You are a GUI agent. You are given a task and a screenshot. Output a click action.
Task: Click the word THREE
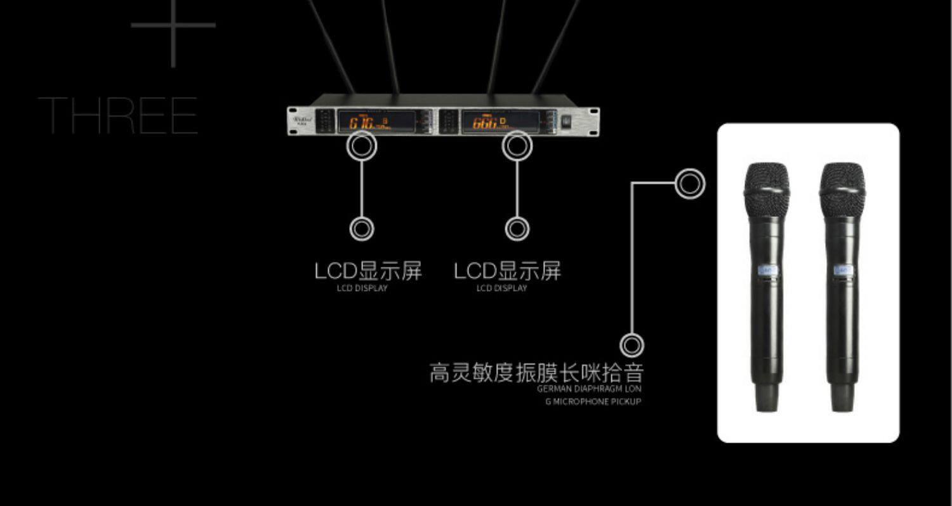[118, 115]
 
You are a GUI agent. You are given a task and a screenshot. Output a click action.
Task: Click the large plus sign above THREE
[173, 26]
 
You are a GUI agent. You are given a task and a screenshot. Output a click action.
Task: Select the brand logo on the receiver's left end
[301, 119]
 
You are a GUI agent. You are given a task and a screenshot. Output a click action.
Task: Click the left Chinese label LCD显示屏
[368, 271]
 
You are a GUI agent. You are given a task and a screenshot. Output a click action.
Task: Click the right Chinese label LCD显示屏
[508, 271]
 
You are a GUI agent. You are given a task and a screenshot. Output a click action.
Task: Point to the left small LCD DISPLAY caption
[362, 289]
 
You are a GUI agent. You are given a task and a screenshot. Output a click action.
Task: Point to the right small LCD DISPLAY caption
[501, 289]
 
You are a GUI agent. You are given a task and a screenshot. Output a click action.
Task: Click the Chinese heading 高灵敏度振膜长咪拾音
[536, 372]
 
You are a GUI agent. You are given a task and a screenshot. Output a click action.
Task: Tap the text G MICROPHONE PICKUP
[593, 401]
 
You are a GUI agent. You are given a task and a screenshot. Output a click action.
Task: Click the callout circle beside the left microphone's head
[689, 184]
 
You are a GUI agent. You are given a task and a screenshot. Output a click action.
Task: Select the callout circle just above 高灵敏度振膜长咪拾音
[631, 346]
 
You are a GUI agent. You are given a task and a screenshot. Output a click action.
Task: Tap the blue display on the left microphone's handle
[767, 270]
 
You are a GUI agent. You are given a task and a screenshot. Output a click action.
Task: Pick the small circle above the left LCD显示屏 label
[362, 229]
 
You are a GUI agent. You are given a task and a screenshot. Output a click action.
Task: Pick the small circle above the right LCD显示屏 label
[517, 229]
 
